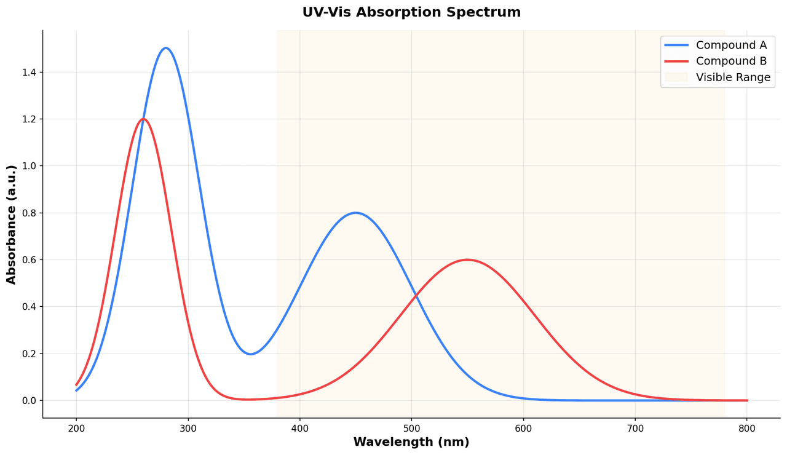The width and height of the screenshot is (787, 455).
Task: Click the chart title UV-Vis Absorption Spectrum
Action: point(411,12)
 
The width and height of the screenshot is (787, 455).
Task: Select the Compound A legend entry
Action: point(732,45)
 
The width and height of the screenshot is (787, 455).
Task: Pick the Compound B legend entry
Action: point(732,61)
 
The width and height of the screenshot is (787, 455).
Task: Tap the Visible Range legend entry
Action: point(733,77)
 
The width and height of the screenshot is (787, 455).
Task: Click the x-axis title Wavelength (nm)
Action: point(411,442)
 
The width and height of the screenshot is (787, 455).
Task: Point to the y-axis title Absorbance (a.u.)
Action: point(12,224)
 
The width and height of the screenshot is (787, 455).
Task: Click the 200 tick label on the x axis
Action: point(76,428)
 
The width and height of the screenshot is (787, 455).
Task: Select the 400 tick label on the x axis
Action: point(300,428)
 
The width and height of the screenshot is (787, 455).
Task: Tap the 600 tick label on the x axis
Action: point(523,428)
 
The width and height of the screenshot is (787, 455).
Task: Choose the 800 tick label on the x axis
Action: point(747,428)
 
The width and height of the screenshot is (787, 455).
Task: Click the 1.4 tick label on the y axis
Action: point(30,72)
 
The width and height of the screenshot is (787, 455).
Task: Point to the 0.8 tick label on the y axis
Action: point(30,213)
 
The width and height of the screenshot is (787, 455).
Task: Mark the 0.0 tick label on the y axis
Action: point(30,400)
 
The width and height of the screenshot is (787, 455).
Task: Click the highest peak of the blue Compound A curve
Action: point(165,48)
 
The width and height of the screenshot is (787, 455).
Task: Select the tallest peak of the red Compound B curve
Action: point(143,119)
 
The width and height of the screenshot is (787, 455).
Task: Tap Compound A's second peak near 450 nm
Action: point(355,213)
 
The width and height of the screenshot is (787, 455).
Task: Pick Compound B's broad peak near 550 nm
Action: point(467,259)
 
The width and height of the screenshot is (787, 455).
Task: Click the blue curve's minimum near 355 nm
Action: point(250,354)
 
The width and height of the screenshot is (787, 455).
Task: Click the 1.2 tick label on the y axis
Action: point(30,119)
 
